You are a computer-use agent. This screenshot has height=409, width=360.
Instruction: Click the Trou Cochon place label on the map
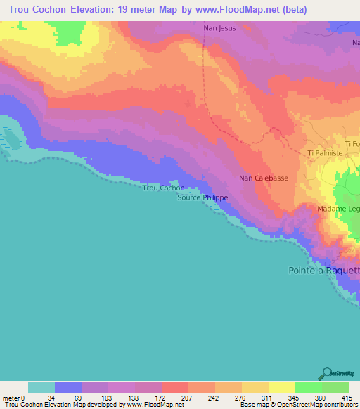pyautogui.click(x=163, y=188)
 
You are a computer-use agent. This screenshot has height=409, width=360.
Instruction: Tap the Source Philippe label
pyautogui.click(x=202, y=198)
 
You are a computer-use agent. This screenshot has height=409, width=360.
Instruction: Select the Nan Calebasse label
pyautogui.click(x=264, y=178)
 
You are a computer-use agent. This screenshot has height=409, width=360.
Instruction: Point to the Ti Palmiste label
pyautogui.click(x=325, y=152)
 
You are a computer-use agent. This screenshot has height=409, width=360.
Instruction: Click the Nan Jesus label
pyautogui.click(x=219, y=28)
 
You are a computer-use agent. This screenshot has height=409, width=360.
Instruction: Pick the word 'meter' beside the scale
pyautogui.click(x=12, y=397)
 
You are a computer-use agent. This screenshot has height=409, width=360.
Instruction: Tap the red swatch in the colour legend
pyautogui.click(x=175, y=387)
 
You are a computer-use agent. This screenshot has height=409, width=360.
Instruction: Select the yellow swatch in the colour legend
pyautogui.click(x=282, y=387)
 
